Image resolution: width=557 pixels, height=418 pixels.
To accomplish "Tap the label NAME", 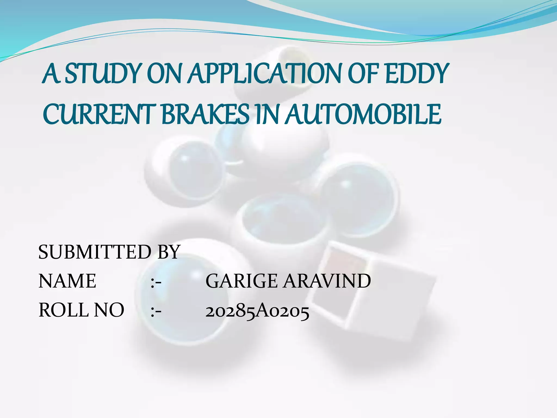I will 67,281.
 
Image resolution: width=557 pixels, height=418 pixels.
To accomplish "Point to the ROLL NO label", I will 81,310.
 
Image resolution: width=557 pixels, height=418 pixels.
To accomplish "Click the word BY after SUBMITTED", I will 169,252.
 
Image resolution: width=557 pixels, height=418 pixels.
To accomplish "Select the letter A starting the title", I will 52,73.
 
